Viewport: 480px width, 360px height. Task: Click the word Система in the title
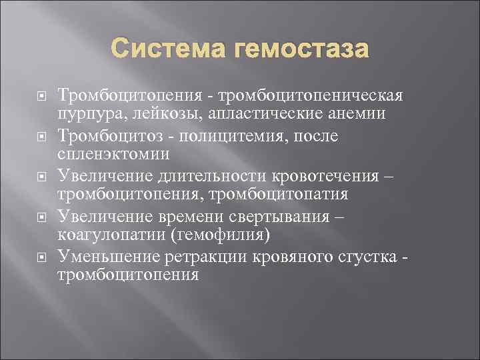click(168, 49)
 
